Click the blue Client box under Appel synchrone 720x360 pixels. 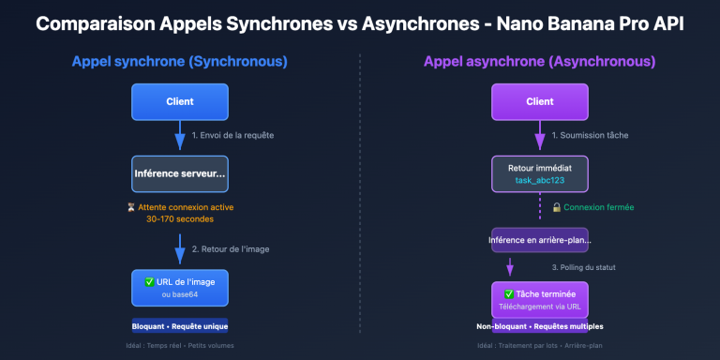179,101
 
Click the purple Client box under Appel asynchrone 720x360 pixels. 539,101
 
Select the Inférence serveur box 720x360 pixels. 179,174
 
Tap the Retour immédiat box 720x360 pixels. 539,173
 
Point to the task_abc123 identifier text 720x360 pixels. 539,180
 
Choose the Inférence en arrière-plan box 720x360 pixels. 539,240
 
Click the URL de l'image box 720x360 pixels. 179,287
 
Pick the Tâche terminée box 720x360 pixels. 539,299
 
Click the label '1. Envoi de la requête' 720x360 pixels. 232,136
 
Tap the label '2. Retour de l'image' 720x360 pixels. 231,248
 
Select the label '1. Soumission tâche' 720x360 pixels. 590,136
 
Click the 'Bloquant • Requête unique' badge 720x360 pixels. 179,326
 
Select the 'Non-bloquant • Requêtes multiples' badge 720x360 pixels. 539,326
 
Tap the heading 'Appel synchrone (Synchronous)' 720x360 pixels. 179,63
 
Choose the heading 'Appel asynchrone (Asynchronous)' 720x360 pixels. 539,63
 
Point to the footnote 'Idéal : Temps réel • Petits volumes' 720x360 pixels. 179,346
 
